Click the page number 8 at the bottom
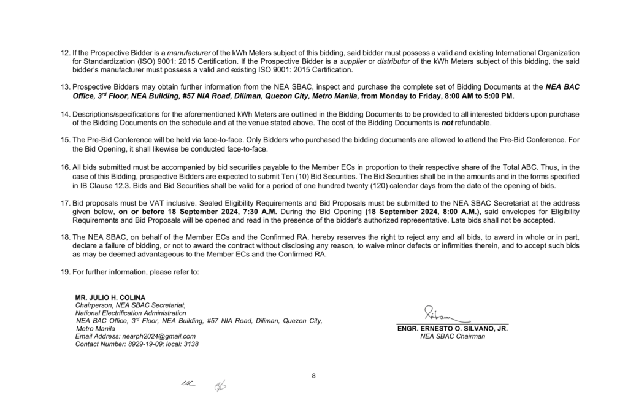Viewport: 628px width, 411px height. coord(313,376)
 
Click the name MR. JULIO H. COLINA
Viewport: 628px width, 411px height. coord(110,298)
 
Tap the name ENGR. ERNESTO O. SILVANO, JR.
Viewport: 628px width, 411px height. coord(453,329)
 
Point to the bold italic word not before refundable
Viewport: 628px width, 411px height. coord(448,123)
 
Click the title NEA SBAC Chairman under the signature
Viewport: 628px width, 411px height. coord(453,336)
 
